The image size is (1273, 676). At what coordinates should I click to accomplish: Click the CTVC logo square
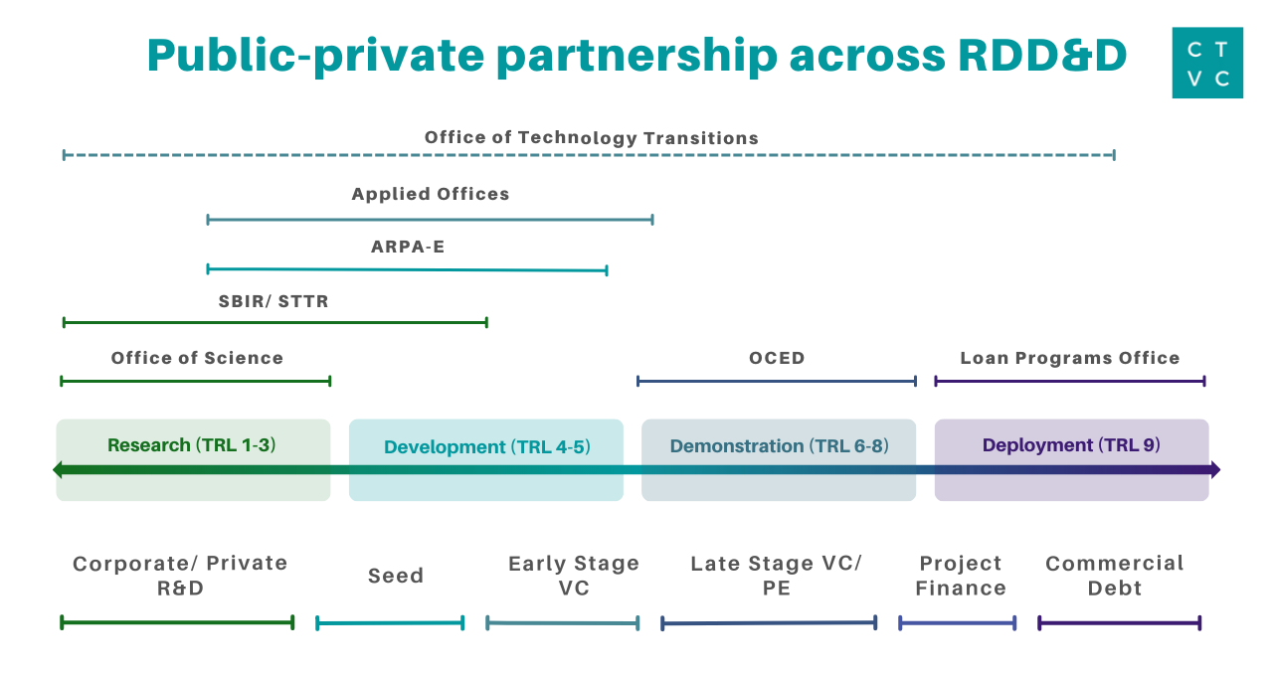[x=1207, y=63]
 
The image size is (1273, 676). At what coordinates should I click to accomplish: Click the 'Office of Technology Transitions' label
[x=591, y=138]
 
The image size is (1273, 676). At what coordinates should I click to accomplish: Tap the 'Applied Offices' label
[x=431, y=194]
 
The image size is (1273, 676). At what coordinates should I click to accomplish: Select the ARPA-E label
[x=408, y=248]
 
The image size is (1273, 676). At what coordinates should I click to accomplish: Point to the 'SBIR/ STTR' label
[x=273, y=301]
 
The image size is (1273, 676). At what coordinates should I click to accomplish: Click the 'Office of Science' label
[x=197, y=358]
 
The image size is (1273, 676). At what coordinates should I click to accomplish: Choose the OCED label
[x=777, y=358]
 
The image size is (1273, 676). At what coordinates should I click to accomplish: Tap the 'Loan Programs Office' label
[x=1070, y=358]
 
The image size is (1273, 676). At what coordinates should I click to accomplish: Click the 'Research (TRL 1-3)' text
[x=192, y=444]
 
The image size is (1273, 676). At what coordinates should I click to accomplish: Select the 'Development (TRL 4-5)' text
[x=487, y=447]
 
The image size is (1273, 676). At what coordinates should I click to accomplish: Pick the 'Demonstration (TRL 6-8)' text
[x=779, y=446]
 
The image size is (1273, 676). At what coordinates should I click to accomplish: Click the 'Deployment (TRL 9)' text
[x=1071, y=444]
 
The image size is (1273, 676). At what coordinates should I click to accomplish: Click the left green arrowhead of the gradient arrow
[x=58, y=470]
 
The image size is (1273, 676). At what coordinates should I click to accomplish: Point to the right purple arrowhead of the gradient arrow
[x=1215, y=470]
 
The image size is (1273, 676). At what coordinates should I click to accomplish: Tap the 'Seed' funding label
[x=396, y=576]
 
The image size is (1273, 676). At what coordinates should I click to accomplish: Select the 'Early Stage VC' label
[x=574, y=576]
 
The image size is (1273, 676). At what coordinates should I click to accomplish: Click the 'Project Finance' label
[x=961, y=576]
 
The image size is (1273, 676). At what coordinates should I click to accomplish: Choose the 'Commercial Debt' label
[x=1115, y=576]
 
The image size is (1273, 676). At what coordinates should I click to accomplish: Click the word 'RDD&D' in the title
[x=1042, y=55]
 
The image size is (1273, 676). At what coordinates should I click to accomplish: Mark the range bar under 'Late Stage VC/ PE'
[x=769, y=623]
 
